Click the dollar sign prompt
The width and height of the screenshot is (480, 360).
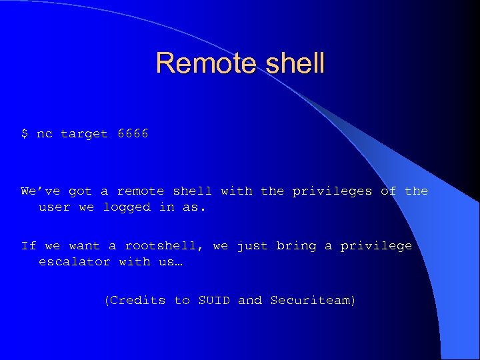click(x=25, y=134)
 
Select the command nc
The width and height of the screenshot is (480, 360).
click(x=45, y=134)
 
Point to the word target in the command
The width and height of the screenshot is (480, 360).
click(x=85, y=134)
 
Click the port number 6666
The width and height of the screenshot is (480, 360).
click(x=133, y=134)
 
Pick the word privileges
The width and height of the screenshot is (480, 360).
click(x=333, y=191)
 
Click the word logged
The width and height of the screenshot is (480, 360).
click(x=127, y=207)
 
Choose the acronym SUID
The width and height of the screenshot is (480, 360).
click(x=214, y=301)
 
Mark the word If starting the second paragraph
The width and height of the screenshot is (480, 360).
click(x=29, y=246)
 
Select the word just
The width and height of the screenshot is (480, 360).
click(x=253, y=246)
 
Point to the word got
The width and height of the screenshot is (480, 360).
click(x=81, y=192)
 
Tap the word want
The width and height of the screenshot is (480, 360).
click(x=85, y=246)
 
